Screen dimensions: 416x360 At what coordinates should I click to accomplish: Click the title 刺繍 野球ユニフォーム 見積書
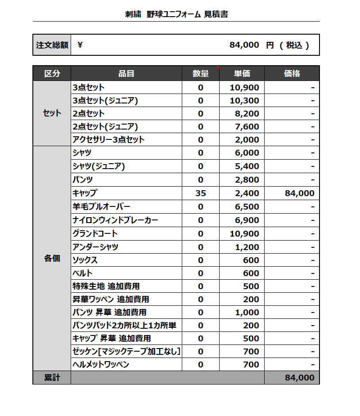(176, 14)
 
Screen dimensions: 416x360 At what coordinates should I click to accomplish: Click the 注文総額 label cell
(52, 45)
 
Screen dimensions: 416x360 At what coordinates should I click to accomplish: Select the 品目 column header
(126, 73)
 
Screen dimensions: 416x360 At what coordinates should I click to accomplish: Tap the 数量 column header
(201, 73)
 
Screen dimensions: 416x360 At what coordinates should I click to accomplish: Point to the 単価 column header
(242, 73)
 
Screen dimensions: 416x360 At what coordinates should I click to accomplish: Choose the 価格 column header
(292, 73)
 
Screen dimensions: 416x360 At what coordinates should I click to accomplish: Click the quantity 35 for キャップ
(201, 193)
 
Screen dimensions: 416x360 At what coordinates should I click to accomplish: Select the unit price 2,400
(247, 193)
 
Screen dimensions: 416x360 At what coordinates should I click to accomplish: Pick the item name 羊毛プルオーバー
(101, 207)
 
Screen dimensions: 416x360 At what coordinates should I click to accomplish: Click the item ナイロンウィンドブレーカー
(115, 220)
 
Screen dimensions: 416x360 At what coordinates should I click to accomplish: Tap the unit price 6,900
(247, 220)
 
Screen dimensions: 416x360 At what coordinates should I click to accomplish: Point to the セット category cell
(52, 113)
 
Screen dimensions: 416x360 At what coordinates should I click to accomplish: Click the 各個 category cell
(52, 259)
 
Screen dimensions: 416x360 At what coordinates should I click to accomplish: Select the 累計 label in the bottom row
(52, 378)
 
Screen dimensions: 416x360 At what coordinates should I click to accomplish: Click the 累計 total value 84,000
(299, 378)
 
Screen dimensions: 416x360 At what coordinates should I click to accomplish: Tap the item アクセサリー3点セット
(108, 139)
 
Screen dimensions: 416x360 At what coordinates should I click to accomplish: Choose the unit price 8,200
(247, 113)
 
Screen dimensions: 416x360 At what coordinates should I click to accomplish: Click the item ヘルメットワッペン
(101, 364)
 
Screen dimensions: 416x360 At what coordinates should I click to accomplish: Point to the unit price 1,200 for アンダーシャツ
(247, 247)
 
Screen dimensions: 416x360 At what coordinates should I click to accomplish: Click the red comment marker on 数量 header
(218, 67)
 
